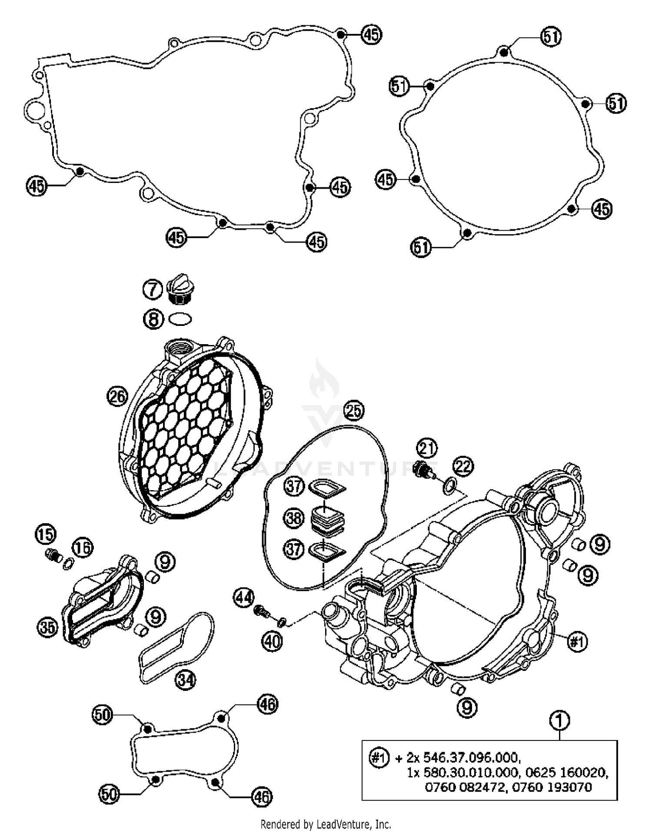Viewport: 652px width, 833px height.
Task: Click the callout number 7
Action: [x=153, y=289]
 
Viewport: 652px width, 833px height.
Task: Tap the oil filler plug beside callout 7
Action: [x=180, y=289]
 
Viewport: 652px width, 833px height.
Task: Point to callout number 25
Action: [x=354, y=410]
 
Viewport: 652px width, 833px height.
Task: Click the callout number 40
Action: [x=273, y=641]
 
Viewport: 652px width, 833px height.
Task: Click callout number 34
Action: [x=186, y=680]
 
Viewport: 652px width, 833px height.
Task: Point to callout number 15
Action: [x=46, y=534]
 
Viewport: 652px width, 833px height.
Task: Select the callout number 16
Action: [x=83, y=547]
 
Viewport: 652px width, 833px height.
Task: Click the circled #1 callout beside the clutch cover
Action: [x=578, y=641]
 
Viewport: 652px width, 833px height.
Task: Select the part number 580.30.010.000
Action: [x=471, y=773]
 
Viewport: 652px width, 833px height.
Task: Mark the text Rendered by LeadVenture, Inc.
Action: [x=326, y=824]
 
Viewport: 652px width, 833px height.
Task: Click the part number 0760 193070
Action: [x=551, y=787]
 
